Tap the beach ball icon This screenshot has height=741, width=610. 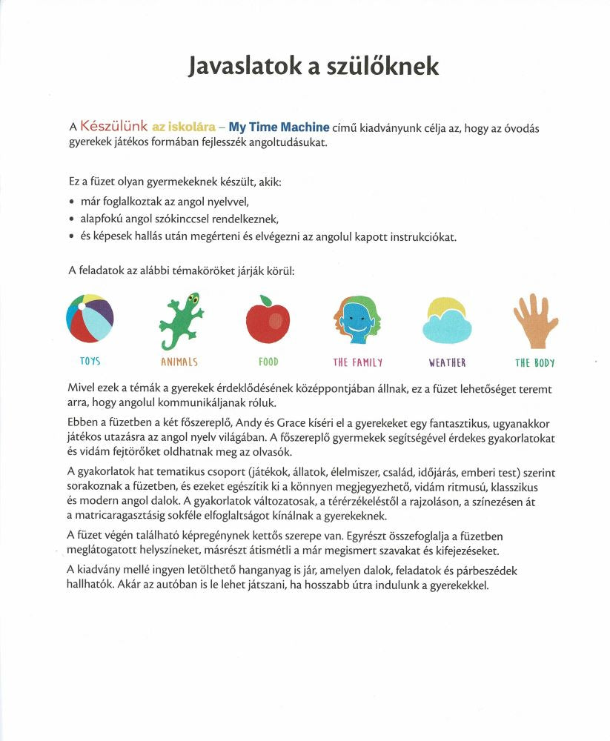[90, 318]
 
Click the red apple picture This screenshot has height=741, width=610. [268, 321]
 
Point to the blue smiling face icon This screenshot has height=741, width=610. [357, 322]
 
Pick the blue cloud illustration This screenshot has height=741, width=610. [447, 324]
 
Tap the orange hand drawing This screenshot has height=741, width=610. [534, 320]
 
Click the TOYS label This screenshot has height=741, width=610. [90, 362]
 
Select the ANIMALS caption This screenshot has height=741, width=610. [179, 362]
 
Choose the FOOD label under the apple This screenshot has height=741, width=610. [268, 362]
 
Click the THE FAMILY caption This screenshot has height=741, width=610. [358, 362]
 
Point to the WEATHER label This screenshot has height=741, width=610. [447, 362]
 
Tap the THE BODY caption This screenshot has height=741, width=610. [535, 362]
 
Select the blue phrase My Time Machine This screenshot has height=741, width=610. [279, 127]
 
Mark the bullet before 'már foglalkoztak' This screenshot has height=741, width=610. [70, 202]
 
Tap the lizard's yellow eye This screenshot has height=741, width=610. [193, 299]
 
